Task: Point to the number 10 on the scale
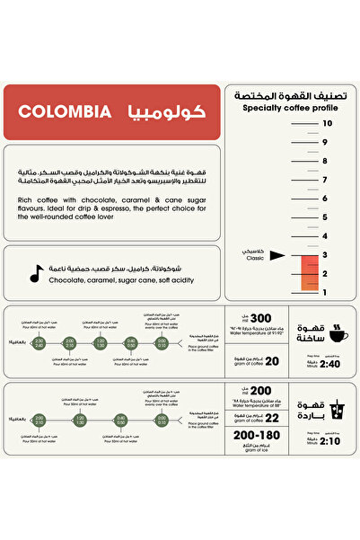328,123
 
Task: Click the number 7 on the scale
325,180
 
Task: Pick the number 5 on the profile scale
325,217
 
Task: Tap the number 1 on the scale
325,292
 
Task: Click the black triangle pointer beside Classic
277,255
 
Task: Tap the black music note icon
35,273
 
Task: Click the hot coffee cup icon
339,334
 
